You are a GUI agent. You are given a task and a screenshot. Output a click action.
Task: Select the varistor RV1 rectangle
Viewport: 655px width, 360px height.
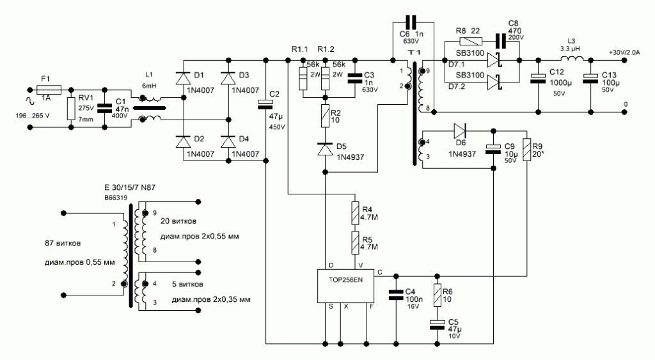(x=70, y=107)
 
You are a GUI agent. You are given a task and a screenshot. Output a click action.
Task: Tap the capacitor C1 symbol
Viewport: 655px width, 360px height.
(x=102, y=107)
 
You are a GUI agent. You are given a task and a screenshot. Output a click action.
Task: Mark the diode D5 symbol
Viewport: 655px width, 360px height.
(x=325, y=150)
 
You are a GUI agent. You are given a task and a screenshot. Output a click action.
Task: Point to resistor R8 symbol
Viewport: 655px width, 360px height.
(x=462, y=41)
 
